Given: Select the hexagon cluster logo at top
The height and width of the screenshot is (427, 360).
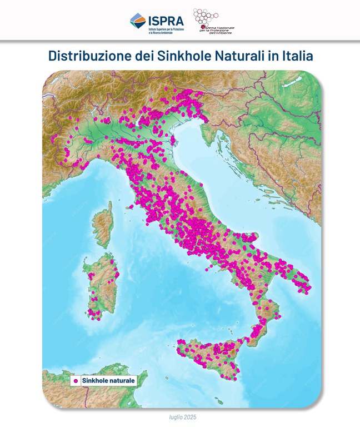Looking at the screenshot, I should click(205, 17).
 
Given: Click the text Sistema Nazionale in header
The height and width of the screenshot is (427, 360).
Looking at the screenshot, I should click(217, 26).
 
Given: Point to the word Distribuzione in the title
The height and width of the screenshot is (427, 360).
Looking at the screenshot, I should click(87, 57).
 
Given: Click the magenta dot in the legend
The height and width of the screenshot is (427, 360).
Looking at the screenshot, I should click(74, 381).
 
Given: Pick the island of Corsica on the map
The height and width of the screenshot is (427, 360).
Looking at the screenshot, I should click(102, 220).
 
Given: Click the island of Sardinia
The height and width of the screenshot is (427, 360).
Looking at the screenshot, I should click(100, 286).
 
